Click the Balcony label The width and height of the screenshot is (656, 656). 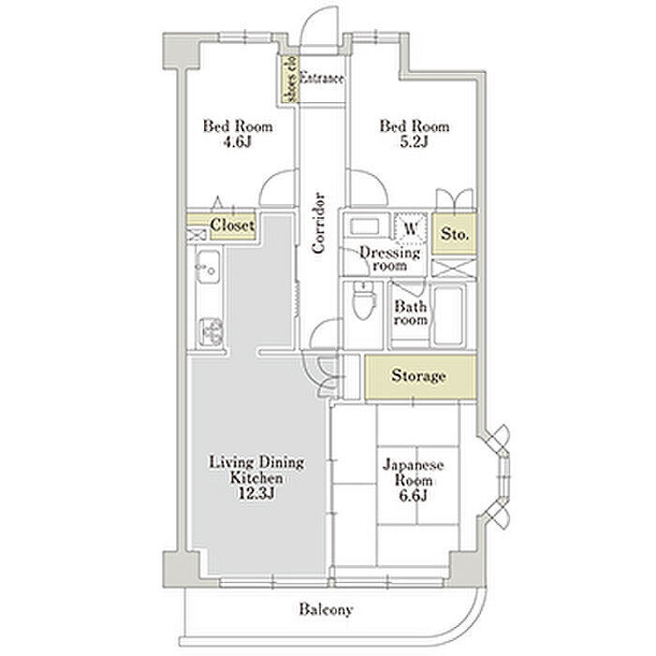[x=325, y=609]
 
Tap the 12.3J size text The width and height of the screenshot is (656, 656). [x=256, y=494]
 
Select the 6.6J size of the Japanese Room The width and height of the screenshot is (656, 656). [x=413, y=496]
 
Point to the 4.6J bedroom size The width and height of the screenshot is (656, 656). [x=237, y=142]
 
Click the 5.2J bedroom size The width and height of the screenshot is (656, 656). [x=414, y=142]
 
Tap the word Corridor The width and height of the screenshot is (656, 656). [x=319, y=223]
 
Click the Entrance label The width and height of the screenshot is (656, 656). [x=321, y=78]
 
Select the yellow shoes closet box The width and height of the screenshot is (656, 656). [x=290, y=80]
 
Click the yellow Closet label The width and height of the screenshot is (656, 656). [x=232, y=226]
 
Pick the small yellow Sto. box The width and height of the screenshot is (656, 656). [x=455, y=234]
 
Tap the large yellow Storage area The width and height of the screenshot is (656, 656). [x=421, y=377]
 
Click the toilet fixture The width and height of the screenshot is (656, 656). [x=364, y=300]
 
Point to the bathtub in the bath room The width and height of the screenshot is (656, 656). [x=449, y=316]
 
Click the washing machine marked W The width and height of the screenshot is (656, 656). [x=411, y=229]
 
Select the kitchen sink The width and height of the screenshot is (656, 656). [x=208, y=267]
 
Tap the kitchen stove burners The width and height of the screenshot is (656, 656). [x=211, y=332]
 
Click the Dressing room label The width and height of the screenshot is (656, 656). [x=390, y=259]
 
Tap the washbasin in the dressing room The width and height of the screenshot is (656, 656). [x=365, y=227]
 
